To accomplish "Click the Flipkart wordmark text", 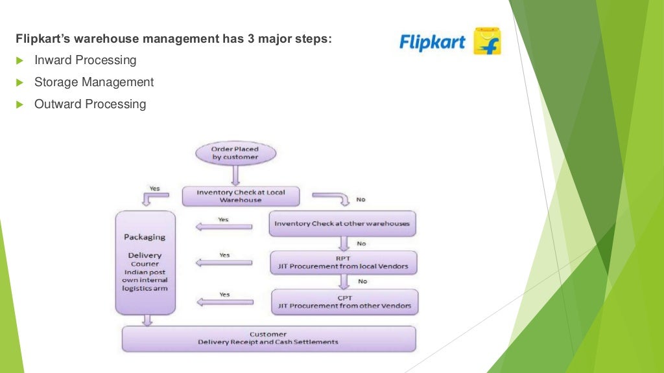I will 432,43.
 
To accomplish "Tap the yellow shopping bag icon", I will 487,41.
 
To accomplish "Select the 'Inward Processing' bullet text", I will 85,60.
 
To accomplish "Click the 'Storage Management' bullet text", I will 94,82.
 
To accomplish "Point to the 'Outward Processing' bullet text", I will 90,104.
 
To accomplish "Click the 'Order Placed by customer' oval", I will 235,153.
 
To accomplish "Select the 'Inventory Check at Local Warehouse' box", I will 241,196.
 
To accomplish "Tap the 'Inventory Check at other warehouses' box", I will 342,223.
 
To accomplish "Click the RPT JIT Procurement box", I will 344,262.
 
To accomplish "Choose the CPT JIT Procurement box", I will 344,302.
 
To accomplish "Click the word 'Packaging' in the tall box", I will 145,237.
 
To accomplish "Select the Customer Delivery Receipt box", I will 268,338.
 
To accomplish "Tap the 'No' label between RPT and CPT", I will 362,282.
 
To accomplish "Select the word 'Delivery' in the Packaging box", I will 145,255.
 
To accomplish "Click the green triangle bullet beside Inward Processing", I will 19,60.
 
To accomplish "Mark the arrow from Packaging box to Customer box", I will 148,320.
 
